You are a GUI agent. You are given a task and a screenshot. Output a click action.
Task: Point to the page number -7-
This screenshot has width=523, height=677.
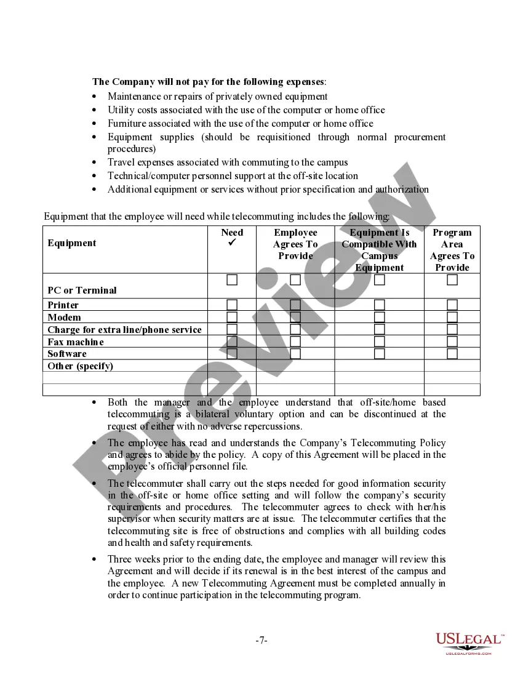click(261, 641)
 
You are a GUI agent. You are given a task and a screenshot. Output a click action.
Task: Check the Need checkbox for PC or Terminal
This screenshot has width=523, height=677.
click(232, 280)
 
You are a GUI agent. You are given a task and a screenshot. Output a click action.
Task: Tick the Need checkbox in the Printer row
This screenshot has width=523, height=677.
click(232, 305)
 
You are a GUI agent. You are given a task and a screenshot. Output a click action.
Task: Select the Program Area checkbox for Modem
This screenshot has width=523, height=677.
click(452, 317)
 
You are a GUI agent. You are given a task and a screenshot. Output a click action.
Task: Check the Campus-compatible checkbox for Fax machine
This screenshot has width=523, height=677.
click(380, 342)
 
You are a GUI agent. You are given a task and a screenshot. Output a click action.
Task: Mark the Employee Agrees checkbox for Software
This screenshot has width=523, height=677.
click(295, 354)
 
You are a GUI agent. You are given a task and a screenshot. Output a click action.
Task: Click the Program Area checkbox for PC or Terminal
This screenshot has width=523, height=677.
click(452, 280)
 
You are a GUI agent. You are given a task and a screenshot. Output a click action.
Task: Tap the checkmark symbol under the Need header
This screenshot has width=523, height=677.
click(232, 244)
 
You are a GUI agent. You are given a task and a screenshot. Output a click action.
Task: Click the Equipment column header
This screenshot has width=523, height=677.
click(72, 243)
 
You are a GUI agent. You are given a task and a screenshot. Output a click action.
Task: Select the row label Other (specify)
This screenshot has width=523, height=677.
click(81, 366)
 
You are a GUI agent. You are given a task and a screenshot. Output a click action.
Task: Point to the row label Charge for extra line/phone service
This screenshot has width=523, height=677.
click(125, 330)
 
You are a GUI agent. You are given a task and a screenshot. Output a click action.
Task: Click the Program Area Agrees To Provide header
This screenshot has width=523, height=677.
click(452, 250)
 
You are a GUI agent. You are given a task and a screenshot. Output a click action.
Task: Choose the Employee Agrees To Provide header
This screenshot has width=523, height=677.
click(295, 244)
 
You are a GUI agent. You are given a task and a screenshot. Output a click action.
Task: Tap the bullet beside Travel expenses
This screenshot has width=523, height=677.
click(94, 162)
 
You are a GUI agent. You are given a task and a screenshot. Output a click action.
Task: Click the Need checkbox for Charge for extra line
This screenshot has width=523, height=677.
click(232, 329)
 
